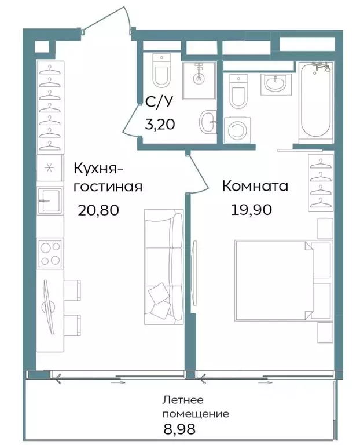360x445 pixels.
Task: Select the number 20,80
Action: point(98,210)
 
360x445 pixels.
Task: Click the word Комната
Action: point(255,187)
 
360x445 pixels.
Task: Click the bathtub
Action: point(315,103)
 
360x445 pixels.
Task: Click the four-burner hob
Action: point(50,253)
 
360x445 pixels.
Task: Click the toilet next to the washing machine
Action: point(237,92)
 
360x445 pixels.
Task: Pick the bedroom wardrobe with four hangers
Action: point(320,183)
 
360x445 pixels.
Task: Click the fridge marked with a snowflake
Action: point(49,169)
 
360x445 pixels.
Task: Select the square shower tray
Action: point(199,79)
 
